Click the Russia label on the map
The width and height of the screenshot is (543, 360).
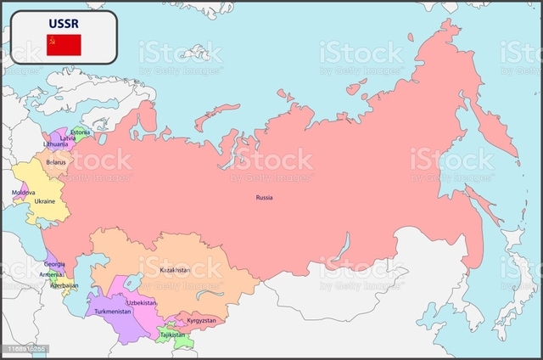(264, 198)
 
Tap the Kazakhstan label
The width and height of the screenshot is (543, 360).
(175, 270)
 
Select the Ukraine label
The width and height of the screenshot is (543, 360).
(44, 201)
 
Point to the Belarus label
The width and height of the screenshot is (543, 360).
(56, 162)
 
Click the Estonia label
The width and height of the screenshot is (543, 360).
(81, 132)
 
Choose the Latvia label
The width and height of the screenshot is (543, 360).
(67, 138)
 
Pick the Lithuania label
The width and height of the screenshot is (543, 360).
(57, 144)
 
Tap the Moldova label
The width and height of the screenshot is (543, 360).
(24, 192)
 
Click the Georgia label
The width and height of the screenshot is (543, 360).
(54, 264)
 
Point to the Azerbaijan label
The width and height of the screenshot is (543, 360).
(64, 285)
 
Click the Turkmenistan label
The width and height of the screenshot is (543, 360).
(113, 312)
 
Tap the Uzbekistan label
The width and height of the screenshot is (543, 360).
(142, 302)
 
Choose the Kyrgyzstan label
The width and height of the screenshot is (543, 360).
(201, 321)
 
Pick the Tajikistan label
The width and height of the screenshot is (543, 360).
(172, 335)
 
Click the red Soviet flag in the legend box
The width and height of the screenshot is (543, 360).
(64, 45)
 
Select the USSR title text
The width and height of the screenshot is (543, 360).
(64, 24)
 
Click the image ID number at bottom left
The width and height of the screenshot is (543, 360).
(25, 349)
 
